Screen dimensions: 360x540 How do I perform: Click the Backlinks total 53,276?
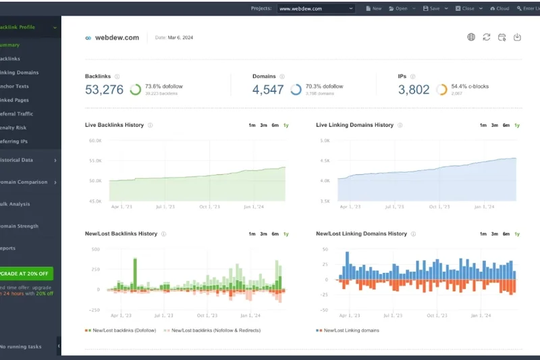pyautogui.click(x=104, y=89)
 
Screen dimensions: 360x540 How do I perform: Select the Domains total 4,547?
pyautogui.click(x=268, y=89)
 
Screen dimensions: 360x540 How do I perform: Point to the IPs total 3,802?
pyautogui.click(x=414, y=89)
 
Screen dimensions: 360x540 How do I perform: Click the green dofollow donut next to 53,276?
pyautogui.click(x=136, y=89)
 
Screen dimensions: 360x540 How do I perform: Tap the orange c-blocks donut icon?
pyautogui.click(x=441, y=89)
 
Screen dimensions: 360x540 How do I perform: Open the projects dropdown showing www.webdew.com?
pyautogui.click(x=316, y=9)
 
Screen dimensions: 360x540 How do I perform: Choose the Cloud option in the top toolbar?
pyautogui.click(x=499, y=9)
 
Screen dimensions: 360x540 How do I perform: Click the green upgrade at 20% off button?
pyautogui.click(x=27, y=274)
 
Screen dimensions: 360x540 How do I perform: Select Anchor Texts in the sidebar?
pyautogui.click(x=15, y=86)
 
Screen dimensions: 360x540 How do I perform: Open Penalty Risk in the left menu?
pyautogui.click(x=15, y=128)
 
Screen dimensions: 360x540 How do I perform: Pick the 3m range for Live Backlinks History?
pyautogui.click(x=263, y=126)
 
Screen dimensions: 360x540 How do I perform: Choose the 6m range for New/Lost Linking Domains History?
pyautogui.click(x=506, y=234)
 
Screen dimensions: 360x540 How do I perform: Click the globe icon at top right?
pyautogui.click(x=471, y=37)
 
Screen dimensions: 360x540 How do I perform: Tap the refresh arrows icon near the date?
pyautogui.click(x=486, y=37)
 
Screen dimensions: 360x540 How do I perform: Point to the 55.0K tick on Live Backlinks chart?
pyautogui.click(x=95, y=161)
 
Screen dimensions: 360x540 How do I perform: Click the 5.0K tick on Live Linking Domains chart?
pyautogui.click(x=325, y=140)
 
